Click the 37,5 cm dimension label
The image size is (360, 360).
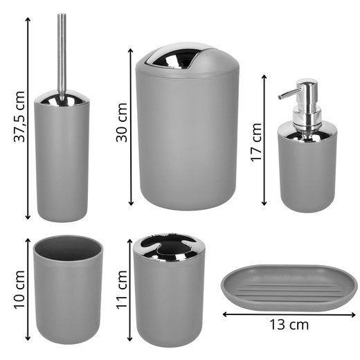click(19, 116)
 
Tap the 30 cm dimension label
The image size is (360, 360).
click(122, 123)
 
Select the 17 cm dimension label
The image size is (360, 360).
click(257, 143)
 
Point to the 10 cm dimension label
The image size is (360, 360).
click(19, 289)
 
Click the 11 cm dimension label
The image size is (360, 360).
click(122, 289)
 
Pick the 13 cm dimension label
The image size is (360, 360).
click(289, 325)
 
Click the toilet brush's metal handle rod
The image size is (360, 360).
click(62, 57)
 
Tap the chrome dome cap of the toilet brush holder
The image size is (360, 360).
click(62, 98)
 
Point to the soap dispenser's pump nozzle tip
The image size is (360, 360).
click(280, 97)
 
